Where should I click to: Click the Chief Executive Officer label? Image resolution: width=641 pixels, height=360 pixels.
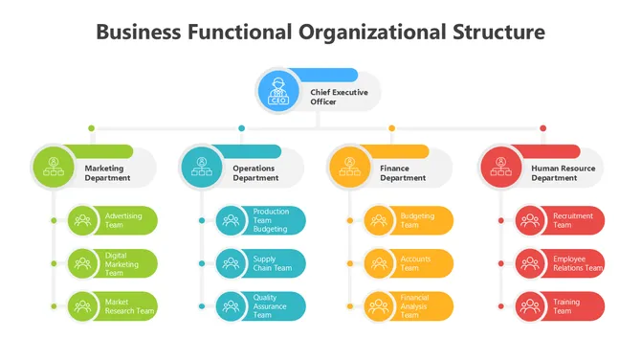point(336,97)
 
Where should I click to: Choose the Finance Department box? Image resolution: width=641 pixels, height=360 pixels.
point(403,173)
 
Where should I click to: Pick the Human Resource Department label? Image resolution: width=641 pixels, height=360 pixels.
point(562,173)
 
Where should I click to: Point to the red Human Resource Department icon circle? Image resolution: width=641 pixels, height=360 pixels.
point(500,167)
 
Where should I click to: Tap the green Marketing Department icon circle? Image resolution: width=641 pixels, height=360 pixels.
point(54,167)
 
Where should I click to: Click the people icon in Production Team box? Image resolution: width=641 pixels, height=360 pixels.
point(231,220)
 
